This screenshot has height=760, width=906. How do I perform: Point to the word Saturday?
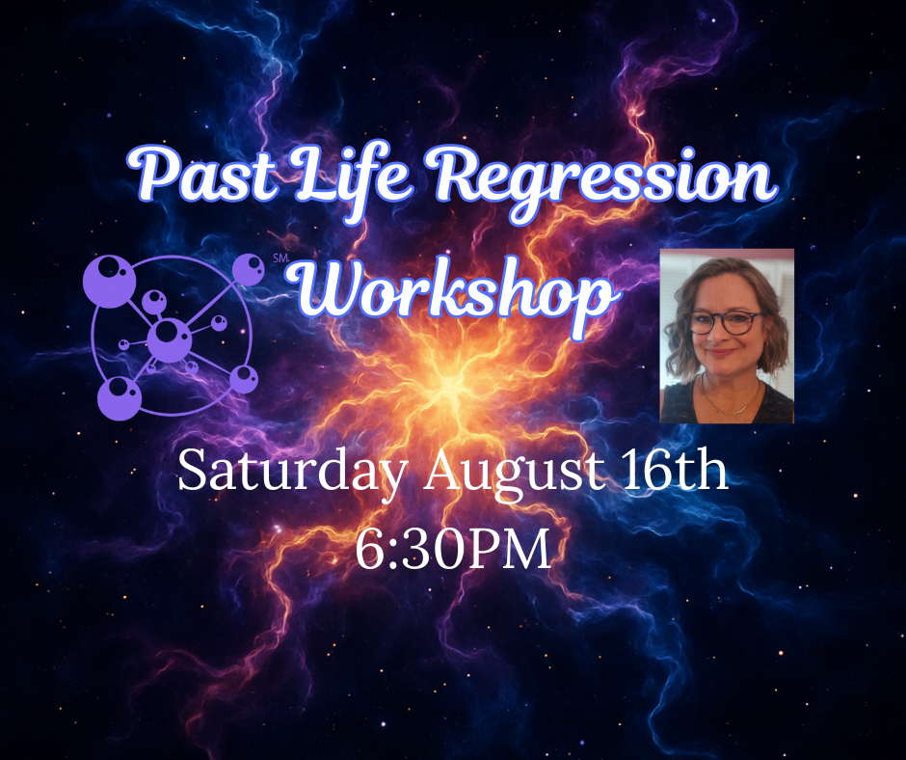coord(292,473)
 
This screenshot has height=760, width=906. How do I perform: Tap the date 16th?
coord(675,471)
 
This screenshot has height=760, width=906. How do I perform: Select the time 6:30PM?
coord(452,549)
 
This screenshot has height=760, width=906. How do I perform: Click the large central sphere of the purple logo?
coord(170,340)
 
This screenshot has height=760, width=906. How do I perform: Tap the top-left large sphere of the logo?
coord(109,282)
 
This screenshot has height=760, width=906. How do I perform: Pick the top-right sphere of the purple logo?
coord(249,269)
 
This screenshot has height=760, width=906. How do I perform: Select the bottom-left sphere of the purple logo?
coord(120,398)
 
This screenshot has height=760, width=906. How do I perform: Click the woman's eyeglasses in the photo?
coord(725,322)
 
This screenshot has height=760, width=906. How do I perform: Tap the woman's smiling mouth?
coord(722,353)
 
